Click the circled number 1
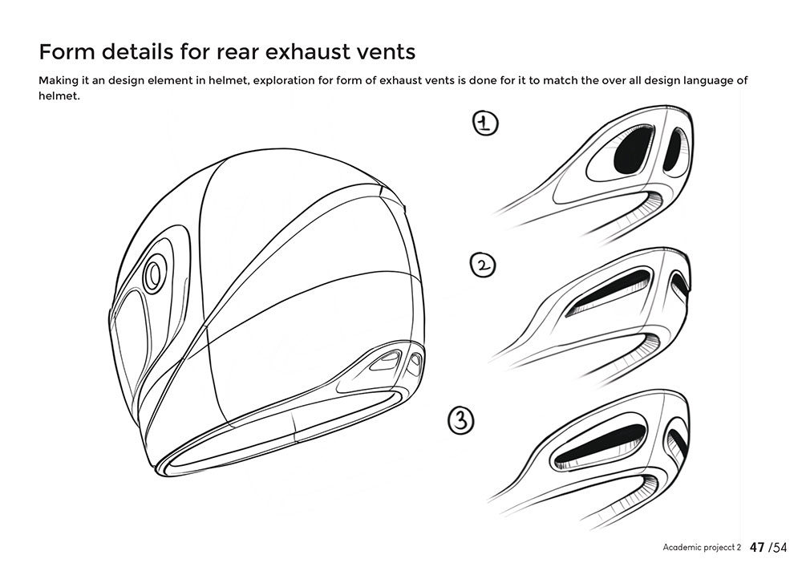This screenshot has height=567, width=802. pos(485,124)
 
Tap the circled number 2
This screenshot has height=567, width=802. pos(483,265)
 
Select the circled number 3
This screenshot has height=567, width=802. pos(461,421)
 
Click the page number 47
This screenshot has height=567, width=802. pos(758,548)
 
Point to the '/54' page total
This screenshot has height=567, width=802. pos(778,548)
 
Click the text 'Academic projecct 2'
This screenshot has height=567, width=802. pos(702,548)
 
